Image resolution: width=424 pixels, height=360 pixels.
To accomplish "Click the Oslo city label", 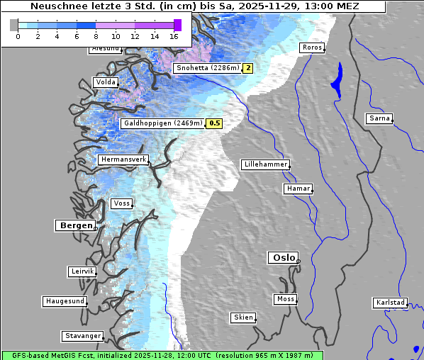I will coord(282,258).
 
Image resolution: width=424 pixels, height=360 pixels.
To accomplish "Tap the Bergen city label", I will coord(75,225).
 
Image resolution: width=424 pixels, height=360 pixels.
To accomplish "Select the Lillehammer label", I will coord(265,164).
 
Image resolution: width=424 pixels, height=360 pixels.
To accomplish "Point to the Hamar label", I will coord(297,189).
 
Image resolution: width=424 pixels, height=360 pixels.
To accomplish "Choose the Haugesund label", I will coord(65,301).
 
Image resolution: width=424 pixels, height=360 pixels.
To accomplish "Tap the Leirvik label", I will coord(82,271).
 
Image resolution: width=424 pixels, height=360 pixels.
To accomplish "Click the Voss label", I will coord(121,203).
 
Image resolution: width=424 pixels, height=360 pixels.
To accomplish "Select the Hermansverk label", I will coord(123,160).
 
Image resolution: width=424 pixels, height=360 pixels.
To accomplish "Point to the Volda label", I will coord(105,82).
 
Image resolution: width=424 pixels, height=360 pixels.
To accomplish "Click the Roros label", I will coord(311,47).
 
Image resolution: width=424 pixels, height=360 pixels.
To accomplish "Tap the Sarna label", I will coord(379,118).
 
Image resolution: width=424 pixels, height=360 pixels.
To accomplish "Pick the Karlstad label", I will coord(390,303).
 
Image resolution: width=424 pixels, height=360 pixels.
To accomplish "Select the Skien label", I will coord(242,317).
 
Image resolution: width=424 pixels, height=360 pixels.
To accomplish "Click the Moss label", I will coord(285,299).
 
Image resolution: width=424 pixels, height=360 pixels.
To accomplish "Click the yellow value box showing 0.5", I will coord(214,123).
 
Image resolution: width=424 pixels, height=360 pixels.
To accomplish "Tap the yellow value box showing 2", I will coord(247,68).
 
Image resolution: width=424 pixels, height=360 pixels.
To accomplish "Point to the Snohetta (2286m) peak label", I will coord(207,68).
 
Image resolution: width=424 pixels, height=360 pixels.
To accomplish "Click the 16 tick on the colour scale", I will coord(174,36).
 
